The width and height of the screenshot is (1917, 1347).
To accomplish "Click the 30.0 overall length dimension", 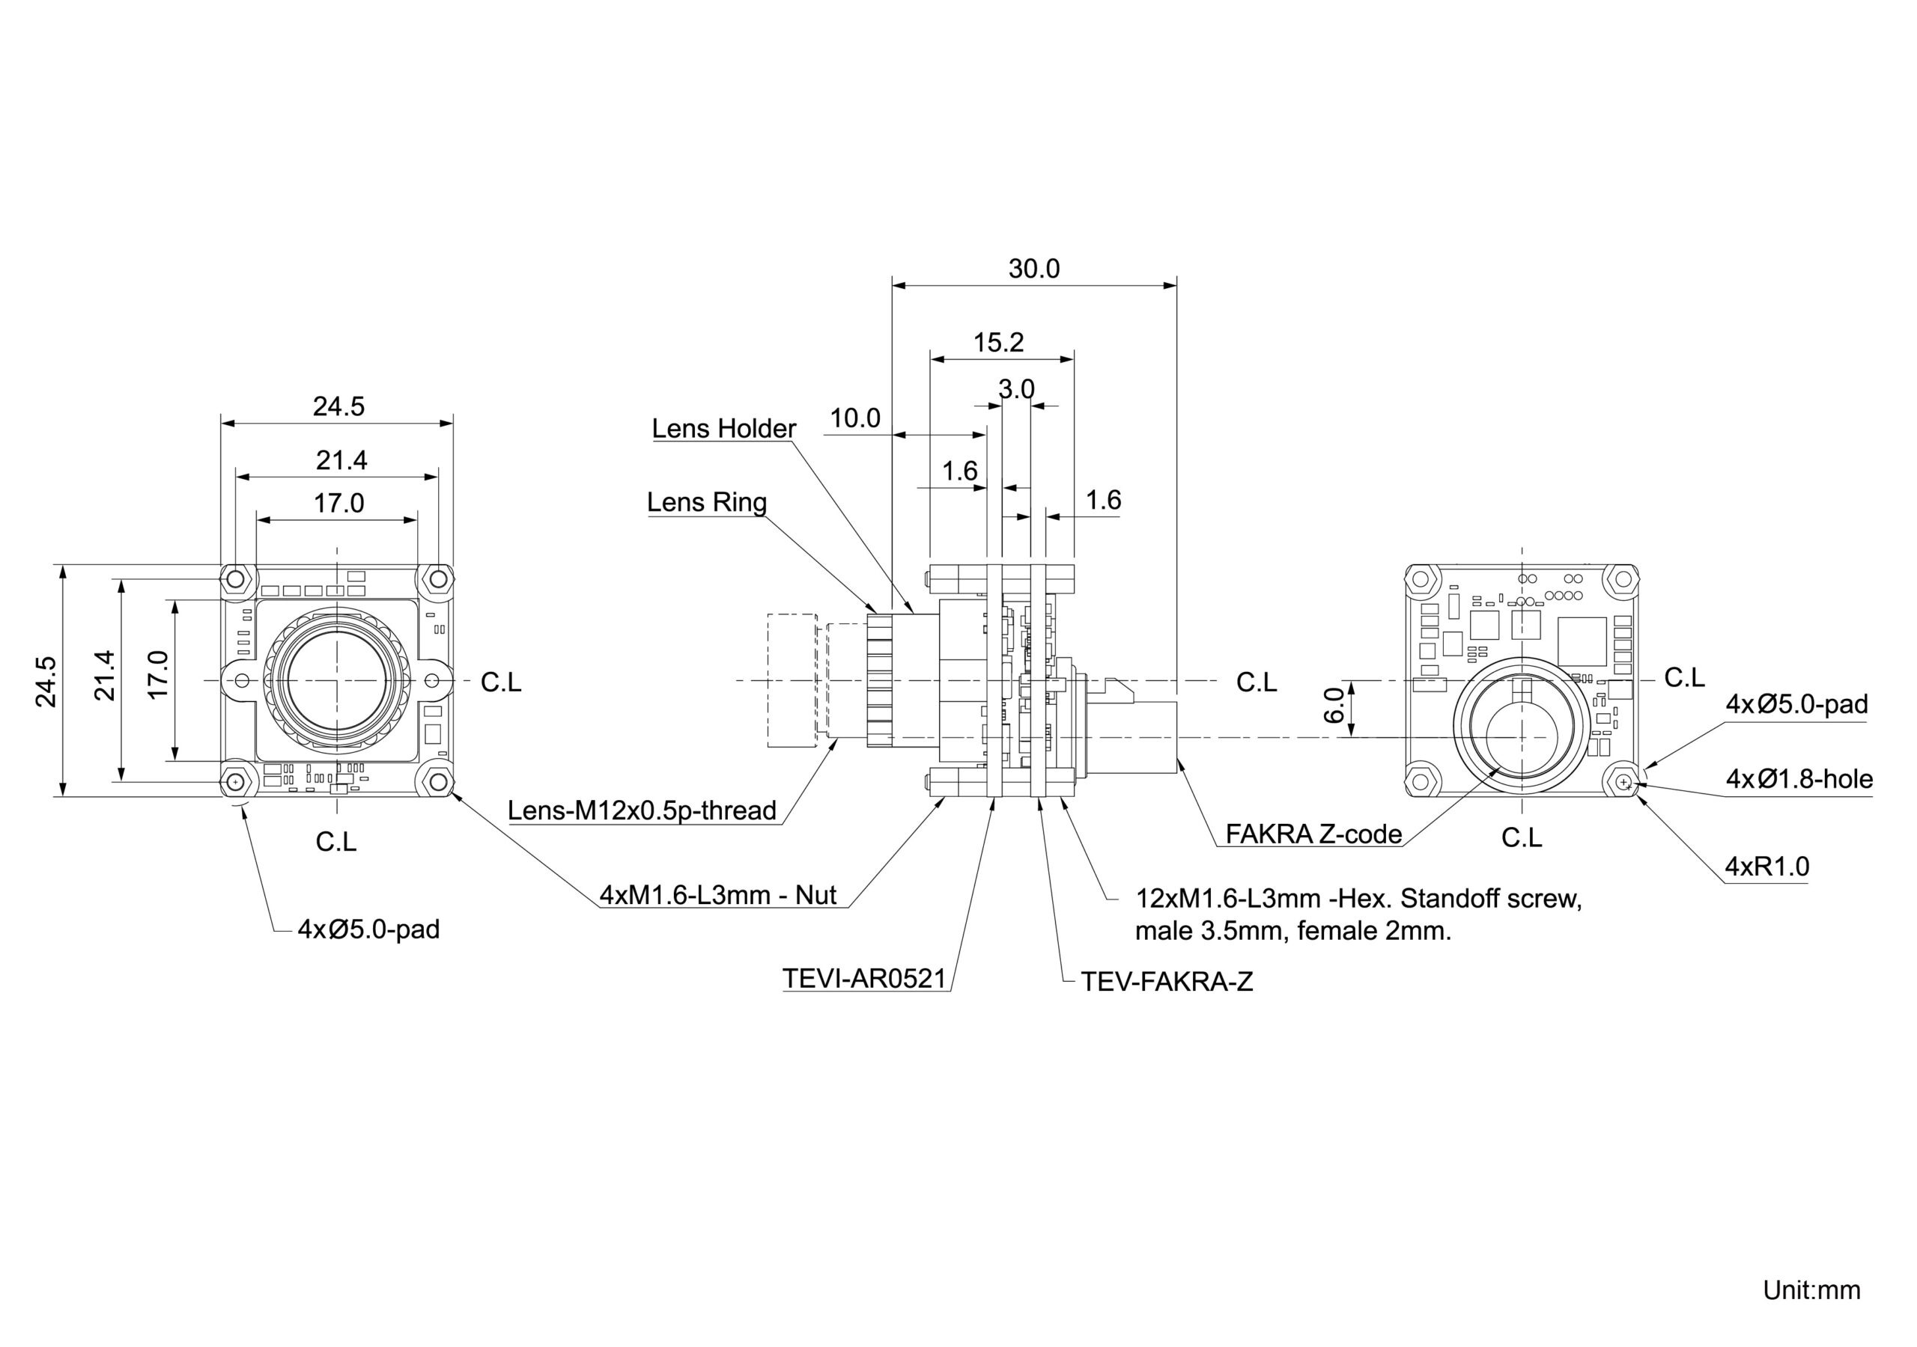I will (x=1033, y=269).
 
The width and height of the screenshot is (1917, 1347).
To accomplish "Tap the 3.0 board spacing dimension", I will (x=1016, y=389).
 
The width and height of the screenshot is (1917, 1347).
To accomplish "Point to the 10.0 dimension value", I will (x=854, y=418).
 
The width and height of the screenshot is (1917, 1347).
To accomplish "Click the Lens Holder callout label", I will (x=723, y=429).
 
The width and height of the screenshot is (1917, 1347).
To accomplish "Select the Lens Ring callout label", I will (x=706, y=502).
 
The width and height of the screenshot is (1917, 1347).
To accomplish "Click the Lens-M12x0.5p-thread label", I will (x=642, y=810).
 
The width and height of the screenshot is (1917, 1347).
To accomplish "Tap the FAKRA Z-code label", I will (x=1313, y=834).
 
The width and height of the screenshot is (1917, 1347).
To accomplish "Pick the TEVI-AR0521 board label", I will (x=864, y=978).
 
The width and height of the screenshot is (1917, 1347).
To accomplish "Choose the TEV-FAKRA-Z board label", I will (x=1167, y=982).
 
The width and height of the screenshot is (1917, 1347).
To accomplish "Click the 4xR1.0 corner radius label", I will (x=1766, y=867).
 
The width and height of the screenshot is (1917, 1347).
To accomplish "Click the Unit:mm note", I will (x=1811, y=1289).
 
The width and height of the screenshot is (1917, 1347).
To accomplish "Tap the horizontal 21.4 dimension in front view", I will (x=341, y=459).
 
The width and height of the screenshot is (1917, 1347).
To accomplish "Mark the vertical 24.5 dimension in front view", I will (x=46, y=681).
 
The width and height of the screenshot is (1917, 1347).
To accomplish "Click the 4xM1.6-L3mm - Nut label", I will (x=717, y=895).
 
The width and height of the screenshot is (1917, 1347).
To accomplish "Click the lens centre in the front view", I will (x=336, y=681).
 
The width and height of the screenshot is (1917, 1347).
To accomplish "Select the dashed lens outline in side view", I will (x=791, y=680).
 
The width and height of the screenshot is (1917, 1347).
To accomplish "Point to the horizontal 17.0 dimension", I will (x=339, y=503).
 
